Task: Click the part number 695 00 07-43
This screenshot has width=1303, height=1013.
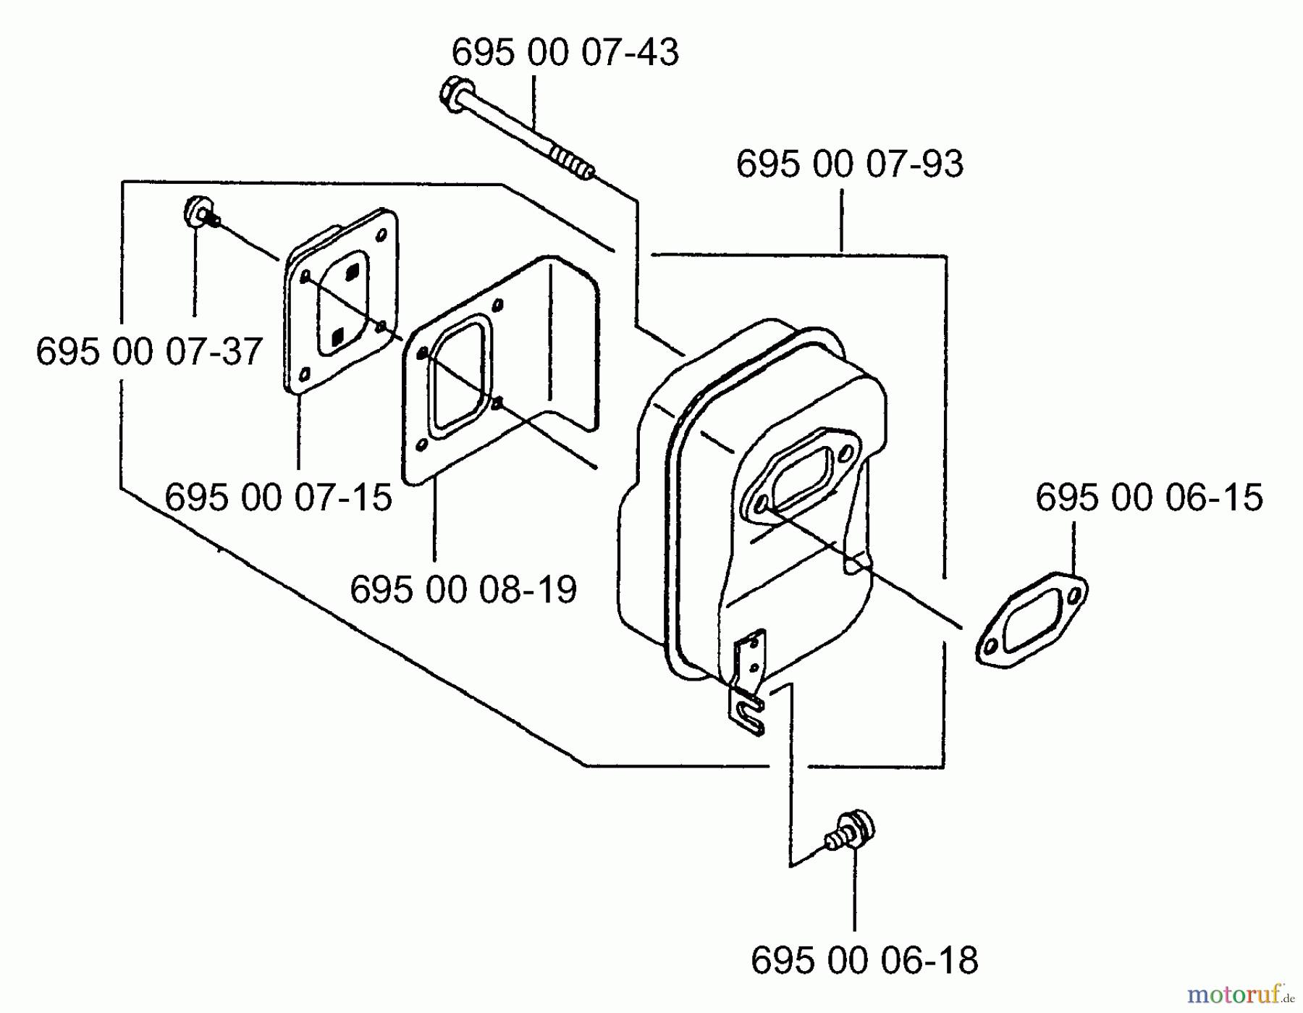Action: click(x=565, y=53)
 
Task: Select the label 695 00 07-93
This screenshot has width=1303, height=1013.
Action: click(x=849, y=164)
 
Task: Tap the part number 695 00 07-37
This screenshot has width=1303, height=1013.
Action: click(x=149, y=353)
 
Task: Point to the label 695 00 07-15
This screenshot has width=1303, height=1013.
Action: click(x=278, y=498)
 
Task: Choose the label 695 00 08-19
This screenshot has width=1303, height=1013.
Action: click(x=463, y=589)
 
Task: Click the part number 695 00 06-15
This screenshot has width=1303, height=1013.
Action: click(x=1149, y=498)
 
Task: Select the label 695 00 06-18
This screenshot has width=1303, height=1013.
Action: click(x=864, y=961)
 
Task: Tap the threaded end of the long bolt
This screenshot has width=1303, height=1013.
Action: click(x=573, y=161)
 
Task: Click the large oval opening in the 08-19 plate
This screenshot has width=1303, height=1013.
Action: click(x=460, y=377)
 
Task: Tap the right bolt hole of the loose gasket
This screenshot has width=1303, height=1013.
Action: click(x=1074, y=595)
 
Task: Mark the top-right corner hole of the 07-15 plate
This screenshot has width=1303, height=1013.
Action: click(x=381, y=234)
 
